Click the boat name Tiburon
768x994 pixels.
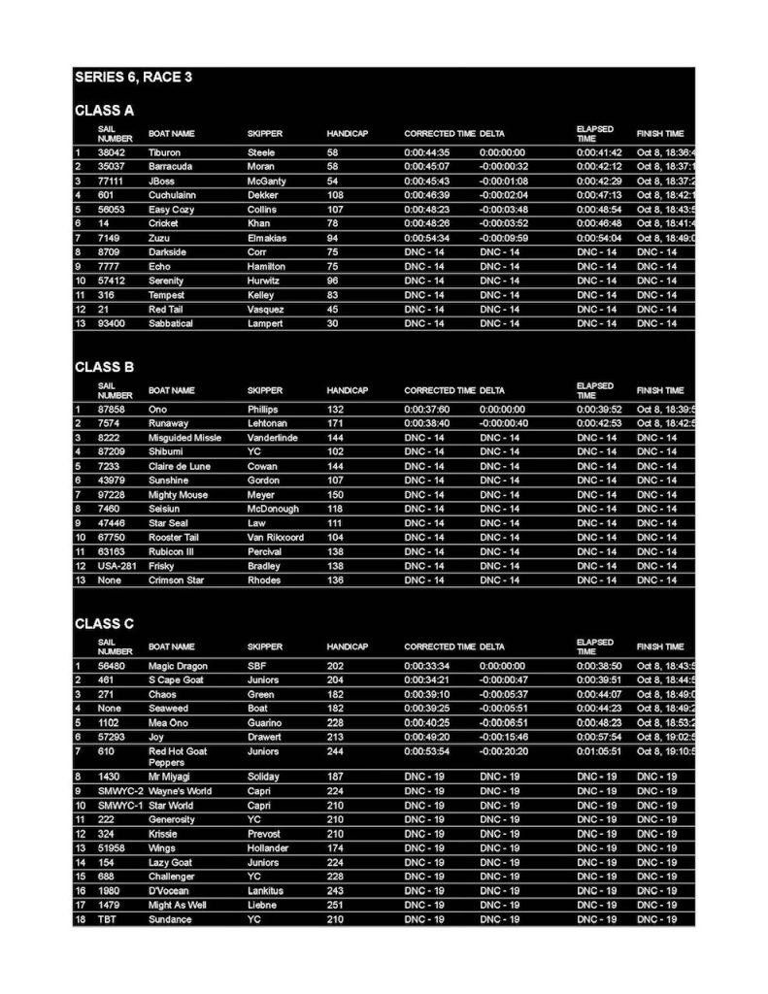164,152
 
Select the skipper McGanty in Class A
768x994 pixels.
266,182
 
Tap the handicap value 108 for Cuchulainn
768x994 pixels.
336,195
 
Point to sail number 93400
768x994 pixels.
113,323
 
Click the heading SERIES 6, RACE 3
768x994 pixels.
133,77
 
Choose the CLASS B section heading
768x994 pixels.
104,367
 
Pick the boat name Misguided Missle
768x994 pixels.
184,438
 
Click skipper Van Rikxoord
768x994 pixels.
276,537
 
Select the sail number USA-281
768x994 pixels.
117,566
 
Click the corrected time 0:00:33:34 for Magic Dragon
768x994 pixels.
427,666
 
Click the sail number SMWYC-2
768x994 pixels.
119,791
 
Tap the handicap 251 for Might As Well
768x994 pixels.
336,905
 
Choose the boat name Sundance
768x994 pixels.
169,919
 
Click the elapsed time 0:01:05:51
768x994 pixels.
599,751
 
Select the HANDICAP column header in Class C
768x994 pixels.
347,646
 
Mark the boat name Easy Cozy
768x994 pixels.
171,210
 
